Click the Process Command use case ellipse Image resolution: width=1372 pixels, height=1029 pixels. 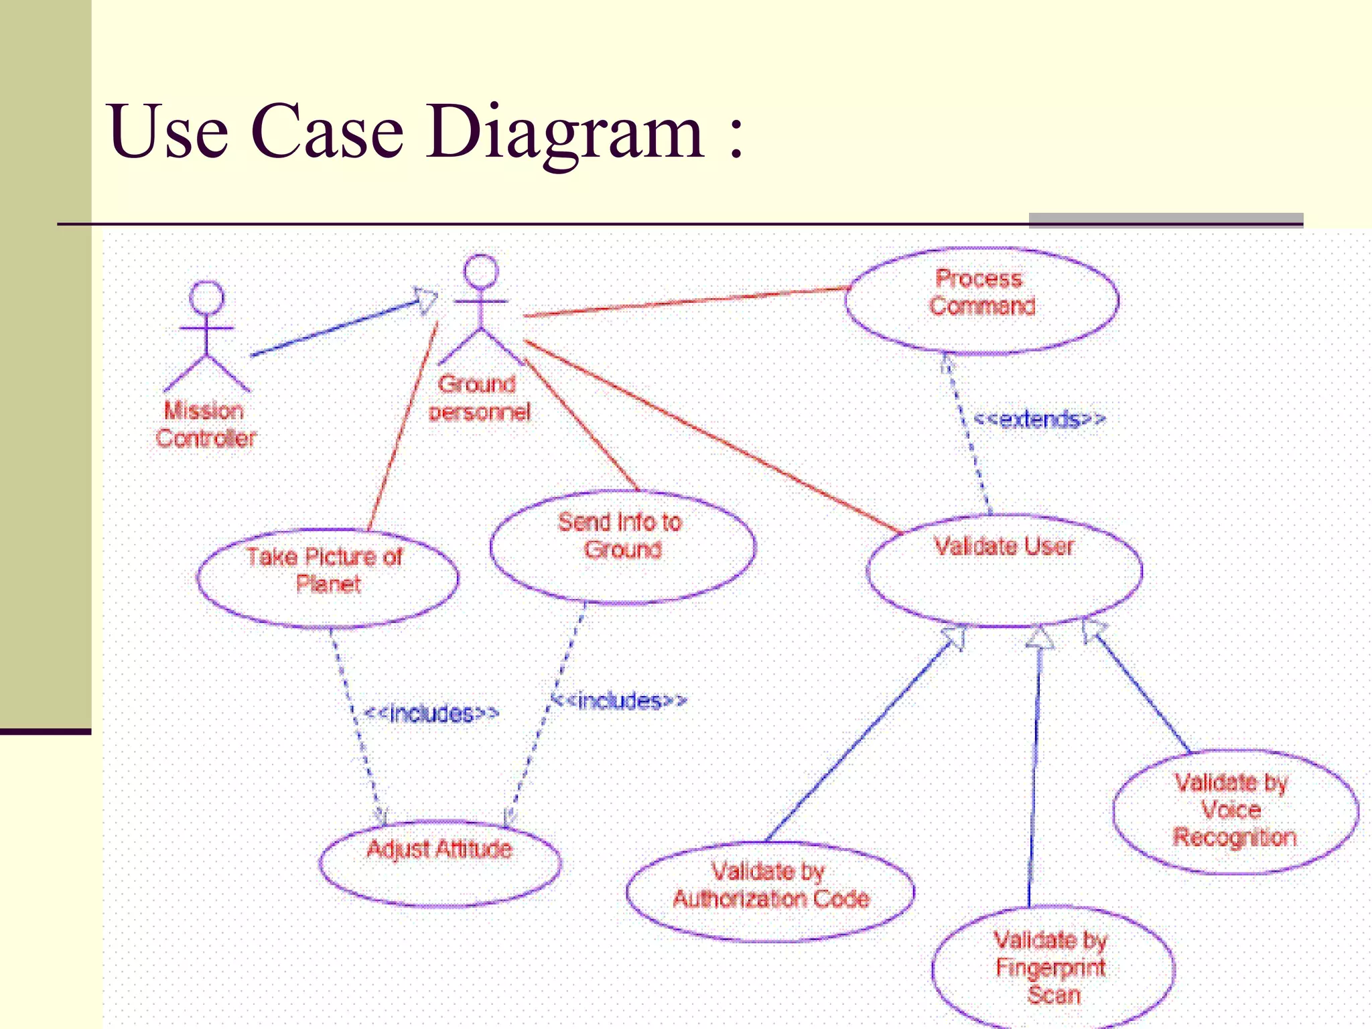(x=981, y=300)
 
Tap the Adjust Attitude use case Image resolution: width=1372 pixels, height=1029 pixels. (x=439, y=863)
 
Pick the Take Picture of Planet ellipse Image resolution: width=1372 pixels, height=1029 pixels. (x=327, y=577)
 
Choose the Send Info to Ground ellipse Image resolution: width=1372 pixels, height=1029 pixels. (x=622, y=546)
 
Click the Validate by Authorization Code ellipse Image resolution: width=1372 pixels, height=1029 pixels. (x=770, y=891)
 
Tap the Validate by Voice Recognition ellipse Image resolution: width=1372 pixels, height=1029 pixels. (x=1235, y=811)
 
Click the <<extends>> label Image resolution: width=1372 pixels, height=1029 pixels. (x=1038, y=420)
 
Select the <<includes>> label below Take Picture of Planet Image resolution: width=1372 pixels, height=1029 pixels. (x=431, y=713)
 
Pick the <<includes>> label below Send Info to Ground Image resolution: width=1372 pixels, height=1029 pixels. (x=619, y=701)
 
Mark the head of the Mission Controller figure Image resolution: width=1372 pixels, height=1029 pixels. (x=206, y=297)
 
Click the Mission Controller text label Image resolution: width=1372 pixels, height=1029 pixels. (x=206, y=425)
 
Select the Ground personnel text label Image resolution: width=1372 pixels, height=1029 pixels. (x=478, y=398)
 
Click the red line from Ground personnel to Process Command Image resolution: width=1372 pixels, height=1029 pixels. (x=683, y=302)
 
